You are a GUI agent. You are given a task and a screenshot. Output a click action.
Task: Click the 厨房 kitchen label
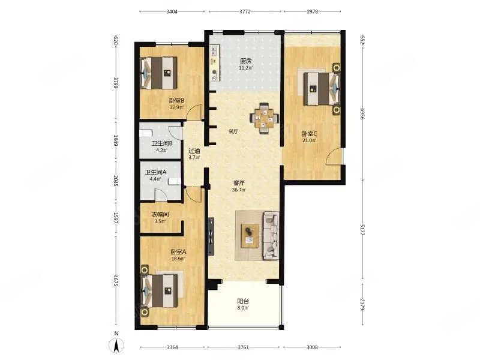pyautogui.click(x=245, y=61)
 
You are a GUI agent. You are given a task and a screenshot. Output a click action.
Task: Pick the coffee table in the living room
pyautogui.click(x=249, y=235)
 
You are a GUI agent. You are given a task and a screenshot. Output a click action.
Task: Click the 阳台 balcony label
pyautogui.click(x=243, y=302)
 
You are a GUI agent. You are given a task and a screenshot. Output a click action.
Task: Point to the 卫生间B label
pyautogui.click(x=162, y=143)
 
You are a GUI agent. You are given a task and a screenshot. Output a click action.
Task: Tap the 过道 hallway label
pyautogui.click(x=194, y=151)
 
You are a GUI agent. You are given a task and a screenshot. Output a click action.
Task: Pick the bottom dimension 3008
pyautogui.click(x=312, y=347)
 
